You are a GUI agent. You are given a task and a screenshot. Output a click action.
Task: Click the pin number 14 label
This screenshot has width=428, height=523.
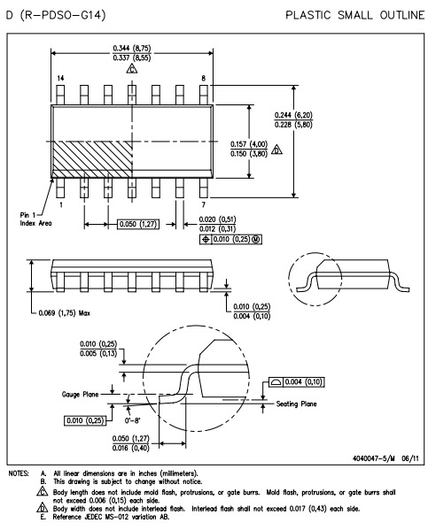tap(60, 79)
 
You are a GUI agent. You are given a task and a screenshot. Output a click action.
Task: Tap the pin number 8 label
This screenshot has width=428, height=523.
tap(204, 79)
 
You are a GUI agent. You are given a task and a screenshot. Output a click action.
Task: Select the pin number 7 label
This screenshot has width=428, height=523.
tap(204, 204)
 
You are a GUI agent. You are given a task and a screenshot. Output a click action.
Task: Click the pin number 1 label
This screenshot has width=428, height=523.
tap(61, 204)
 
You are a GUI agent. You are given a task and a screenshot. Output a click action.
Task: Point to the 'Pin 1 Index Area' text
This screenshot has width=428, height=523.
tap(35, 219)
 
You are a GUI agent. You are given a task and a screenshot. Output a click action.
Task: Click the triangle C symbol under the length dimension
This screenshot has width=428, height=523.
tap(132, 68)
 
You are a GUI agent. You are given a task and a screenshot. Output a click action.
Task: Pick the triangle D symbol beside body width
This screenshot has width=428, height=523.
tap(276, 150)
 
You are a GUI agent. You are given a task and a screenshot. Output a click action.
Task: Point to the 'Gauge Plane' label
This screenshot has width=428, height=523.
tap(80, 395)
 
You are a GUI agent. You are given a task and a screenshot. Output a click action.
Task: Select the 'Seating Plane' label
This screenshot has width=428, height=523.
tap(296, 404)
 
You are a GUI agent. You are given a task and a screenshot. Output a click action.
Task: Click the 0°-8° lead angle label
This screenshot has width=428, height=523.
tap(132, 420)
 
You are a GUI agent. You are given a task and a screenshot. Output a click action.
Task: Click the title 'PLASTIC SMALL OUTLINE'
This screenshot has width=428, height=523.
tap(354, 15)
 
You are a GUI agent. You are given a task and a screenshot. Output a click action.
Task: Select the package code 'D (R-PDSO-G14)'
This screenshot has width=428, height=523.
tap(56, 15)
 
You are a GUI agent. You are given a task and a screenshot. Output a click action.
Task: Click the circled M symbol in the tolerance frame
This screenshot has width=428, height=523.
tap(256, 239)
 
